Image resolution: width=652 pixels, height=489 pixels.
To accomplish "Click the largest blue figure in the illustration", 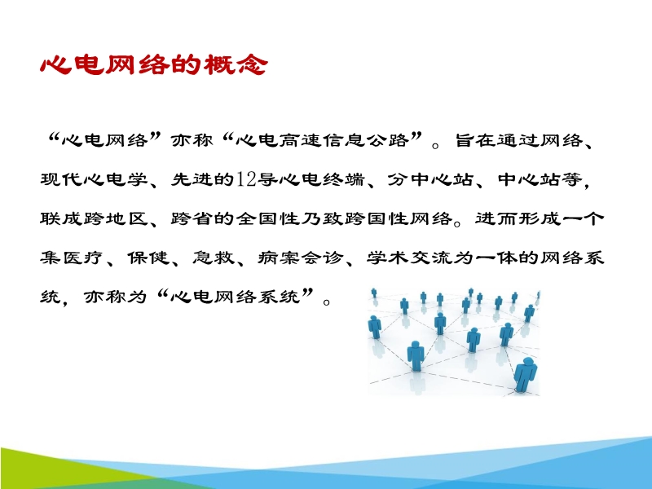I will click(525, 375).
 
